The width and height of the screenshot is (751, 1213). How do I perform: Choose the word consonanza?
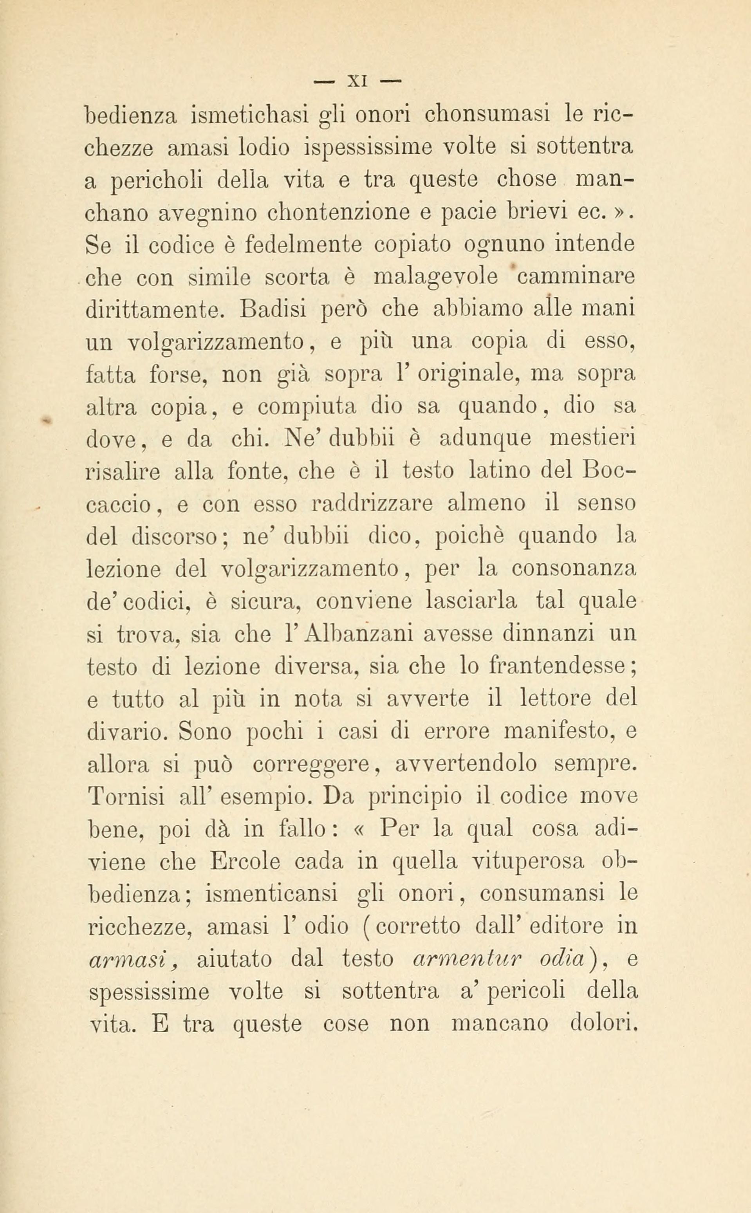574,569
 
